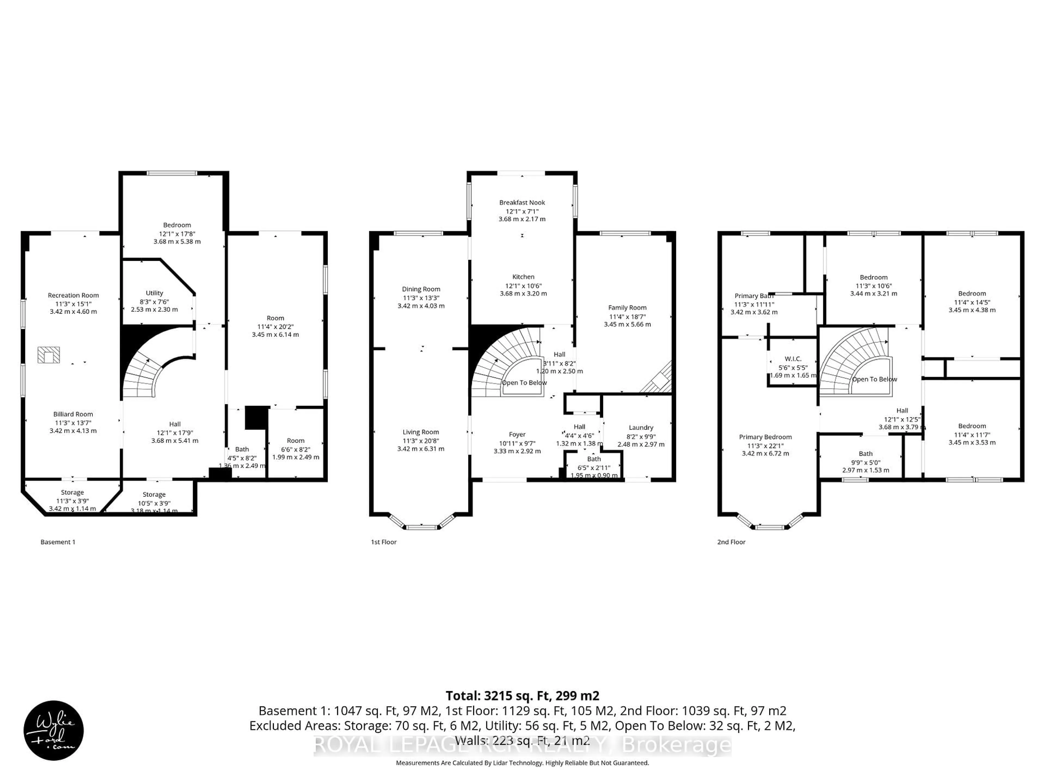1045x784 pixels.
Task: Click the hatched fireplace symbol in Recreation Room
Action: (x=49, y=355)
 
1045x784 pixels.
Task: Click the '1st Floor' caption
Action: (x=384, y=542)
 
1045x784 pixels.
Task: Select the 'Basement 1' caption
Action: (x=58, y=542)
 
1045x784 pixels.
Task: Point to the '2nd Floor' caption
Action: (x=731, y=542)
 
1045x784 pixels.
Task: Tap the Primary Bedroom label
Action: (x=765, y=437)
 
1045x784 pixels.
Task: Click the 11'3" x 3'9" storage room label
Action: (x=72, y=501)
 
